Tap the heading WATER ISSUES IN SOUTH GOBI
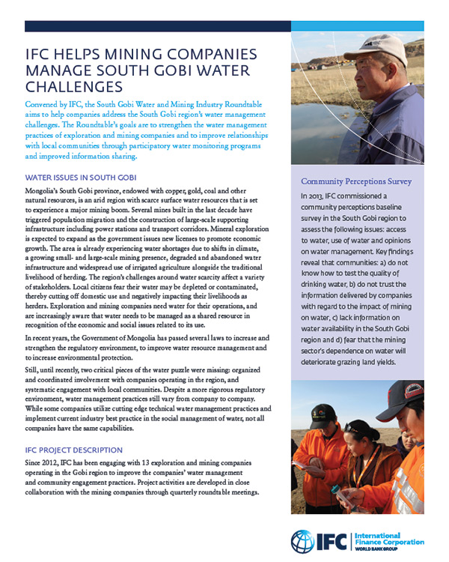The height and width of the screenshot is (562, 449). point(81,178)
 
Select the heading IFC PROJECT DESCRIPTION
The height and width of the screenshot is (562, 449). point(73,450)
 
